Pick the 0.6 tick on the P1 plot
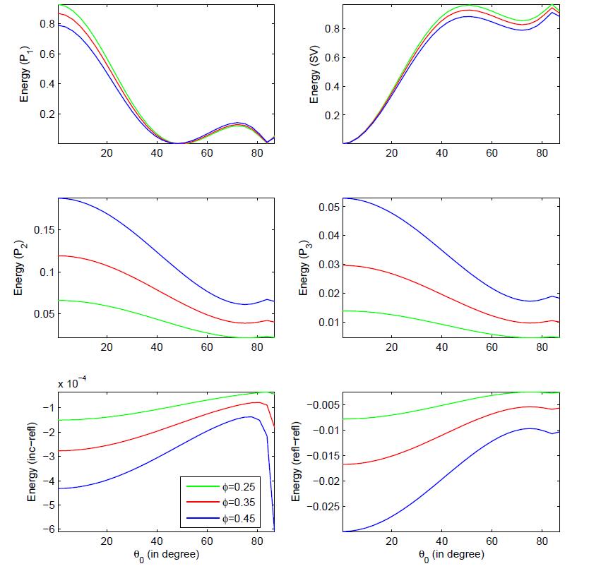click(47, 54)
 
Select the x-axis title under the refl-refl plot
click(451, 555)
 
